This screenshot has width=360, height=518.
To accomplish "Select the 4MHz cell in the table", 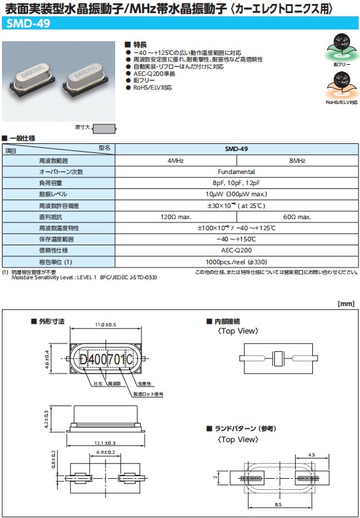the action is (175, 160).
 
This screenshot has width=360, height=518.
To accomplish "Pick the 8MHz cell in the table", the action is (297, 160).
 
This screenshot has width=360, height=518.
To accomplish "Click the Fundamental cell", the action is (236, 171).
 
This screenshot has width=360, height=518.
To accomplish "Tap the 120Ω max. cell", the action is (175, 216).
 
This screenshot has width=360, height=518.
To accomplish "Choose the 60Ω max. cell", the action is (297, 216).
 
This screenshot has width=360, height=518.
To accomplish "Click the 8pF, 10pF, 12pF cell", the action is (236, 182).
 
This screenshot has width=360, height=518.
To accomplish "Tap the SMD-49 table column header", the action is (236, 148).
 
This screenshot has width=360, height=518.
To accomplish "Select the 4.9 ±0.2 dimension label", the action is (105, 453).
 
